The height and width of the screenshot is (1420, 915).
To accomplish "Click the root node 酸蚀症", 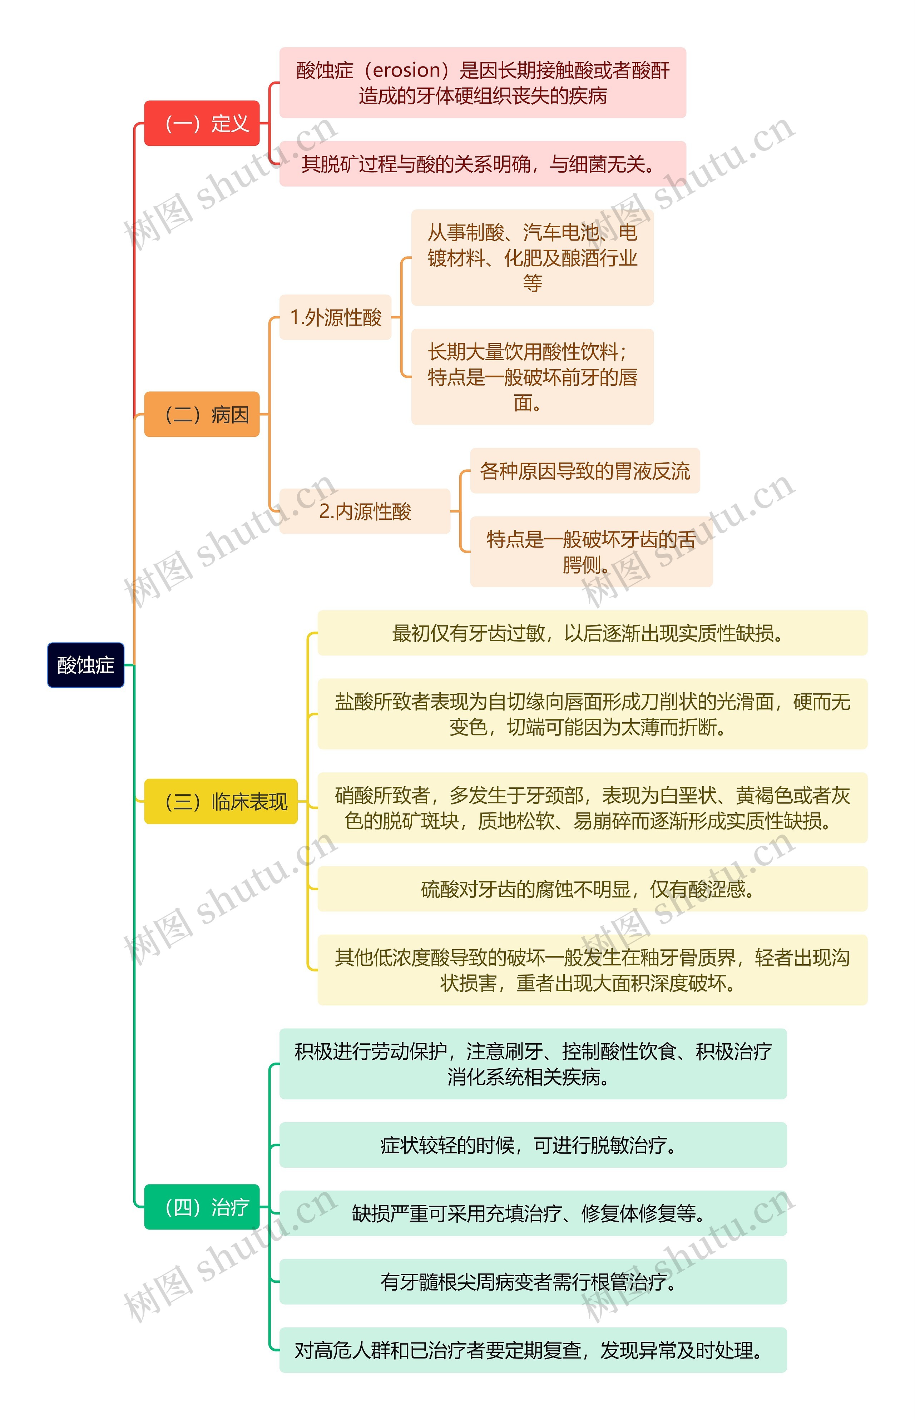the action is pos(85,665).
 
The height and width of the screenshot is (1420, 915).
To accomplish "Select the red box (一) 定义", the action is pos(202,123).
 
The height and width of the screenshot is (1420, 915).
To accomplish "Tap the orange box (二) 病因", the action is pos(202,414).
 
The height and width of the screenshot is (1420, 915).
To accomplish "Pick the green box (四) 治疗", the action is pos(202,1207).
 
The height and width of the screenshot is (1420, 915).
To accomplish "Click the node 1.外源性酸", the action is pos(335,317).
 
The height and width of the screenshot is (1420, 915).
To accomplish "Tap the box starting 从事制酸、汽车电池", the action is pos(532,257).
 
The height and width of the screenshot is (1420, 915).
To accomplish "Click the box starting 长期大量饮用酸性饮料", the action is pos(532,377).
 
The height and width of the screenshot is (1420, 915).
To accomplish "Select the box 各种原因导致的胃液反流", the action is pos(585,471).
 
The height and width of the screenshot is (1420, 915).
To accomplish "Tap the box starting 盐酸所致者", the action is pos(592,713).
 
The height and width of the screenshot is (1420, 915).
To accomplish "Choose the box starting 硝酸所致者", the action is pos(592,807).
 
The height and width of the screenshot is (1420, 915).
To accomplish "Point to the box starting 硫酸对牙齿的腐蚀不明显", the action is pos(592,889).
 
